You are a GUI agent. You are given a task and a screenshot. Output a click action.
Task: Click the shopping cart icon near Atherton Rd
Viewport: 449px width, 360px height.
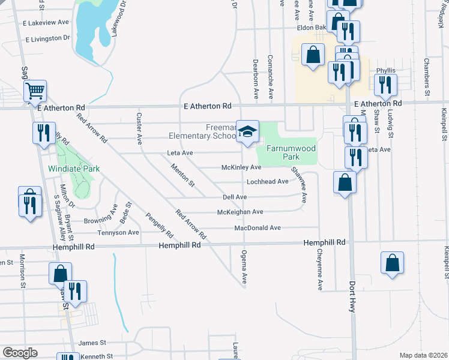[35, 92]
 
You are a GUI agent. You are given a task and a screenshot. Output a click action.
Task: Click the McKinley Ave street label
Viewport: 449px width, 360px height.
[242, 167]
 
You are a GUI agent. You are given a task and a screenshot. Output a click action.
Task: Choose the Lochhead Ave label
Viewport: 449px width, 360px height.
[267, 182]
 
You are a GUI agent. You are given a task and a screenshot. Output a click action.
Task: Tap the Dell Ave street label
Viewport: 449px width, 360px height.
[235, 197]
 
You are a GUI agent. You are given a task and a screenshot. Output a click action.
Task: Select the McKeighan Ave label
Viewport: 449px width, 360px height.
[240, 212]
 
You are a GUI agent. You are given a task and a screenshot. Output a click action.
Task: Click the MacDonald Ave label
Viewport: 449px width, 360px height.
[258, 228]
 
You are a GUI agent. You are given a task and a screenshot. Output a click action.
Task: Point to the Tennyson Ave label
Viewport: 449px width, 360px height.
[119, 233]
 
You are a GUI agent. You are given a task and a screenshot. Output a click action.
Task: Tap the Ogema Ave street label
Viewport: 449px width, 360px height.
[244, 267]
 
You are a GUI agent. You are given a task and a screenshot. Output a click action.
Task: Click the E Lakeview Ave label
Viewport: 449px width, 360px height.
[46, 22]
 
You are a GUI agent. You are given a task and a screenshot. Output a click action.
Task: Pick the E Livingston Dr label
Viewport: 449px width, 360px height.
[48, 38]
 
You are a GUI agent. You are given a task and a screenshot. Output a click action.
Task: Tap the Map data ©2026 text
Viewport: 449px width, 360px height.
[423, 355]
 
